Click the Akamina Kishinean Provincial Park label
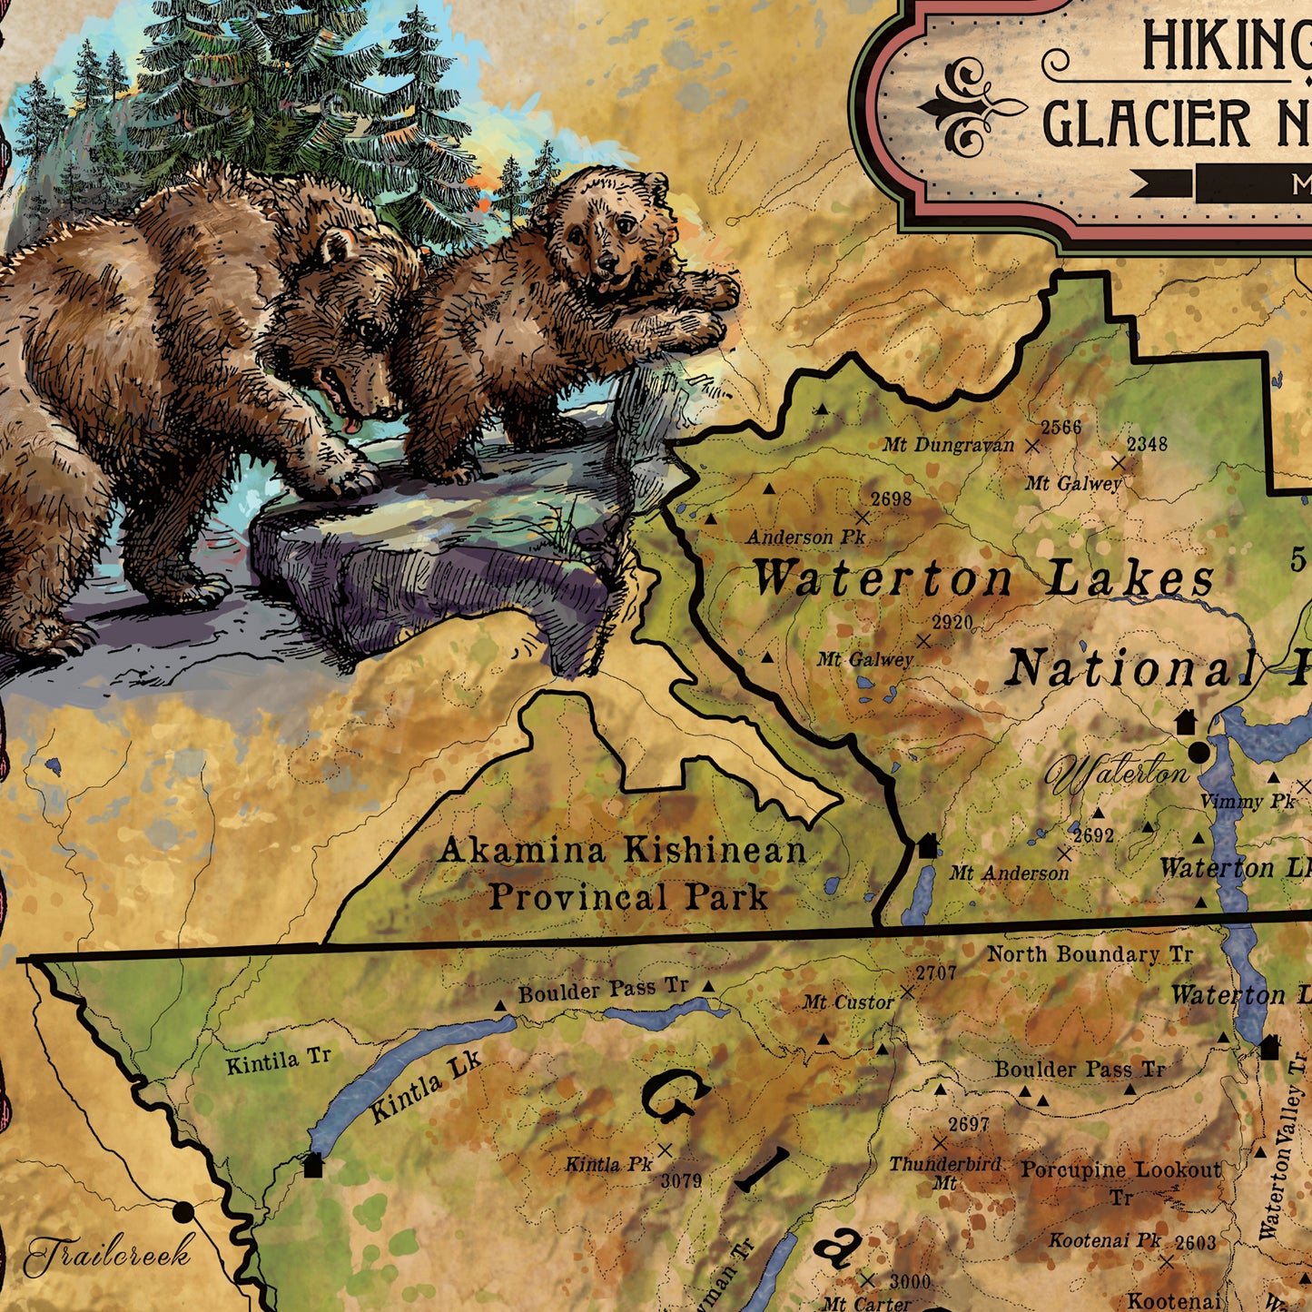pyautogui.click(x=623, y=873)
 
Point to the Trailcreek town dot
pyautogui.click(x=183, y=1210)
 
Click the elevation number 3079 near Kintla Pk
pyautogui.click(x=681, y=1180)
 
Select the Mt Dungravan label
pyautogui.click(x=948, y=445)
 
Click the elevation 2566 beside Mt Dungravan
pyautogui.click(x=1060, y=428)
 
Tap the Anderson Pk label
pyautogui.click(x=805, y=538)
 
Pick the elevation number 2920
pyautogui.click(x=952, y=623)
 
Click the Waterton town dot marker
pyautogui.click(x=1199, y=752)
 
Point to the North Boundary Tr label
pyautogui.click(x=1090, y=954)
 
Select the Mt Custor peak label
pyautogui.click(x=848, y=1002)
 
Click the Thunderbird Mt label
pyautogui.click(x=944, y=1171)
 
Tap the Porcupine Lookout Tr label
pyautogui.click(x=1121, y=1179)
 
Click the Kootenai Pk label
pyautogui.click(x=1105, y=1240)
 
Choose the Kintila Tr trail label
pyautogui.click(x=278, y=1060)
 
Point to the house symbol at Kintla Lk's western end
pyautogui.click(x=313, y=1165)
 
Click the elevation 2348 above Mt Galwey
pyautogui.click(x=1147, y=444)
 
